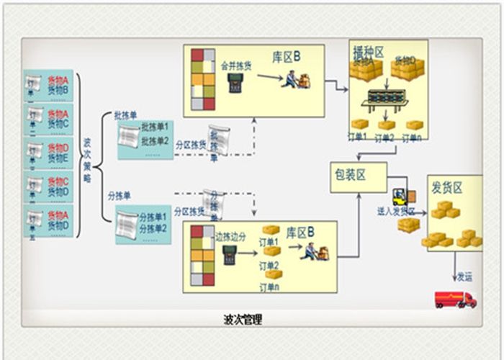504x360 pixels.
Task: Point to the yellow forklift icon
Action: coord(401,197)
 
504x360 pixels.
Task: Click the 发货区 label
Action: coord(448,187)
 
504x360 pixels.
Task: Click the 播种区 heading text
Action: coord(368,53)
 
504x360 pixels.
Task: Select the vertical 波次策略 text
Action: coord(86,159)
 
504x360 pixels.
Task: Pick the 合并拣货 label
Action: coord(235,63)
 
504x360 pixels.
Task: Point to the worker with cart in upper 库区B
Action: coord(295,78)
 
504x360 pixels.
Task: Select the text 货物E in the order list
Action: coord(58,158)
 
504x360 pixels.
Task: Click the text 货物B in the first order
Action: coord(58,90)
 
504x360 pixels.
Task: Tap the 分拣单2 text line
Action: coord(153,229)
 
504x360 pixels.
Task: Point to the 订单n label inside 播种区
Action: coord(413,136)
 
